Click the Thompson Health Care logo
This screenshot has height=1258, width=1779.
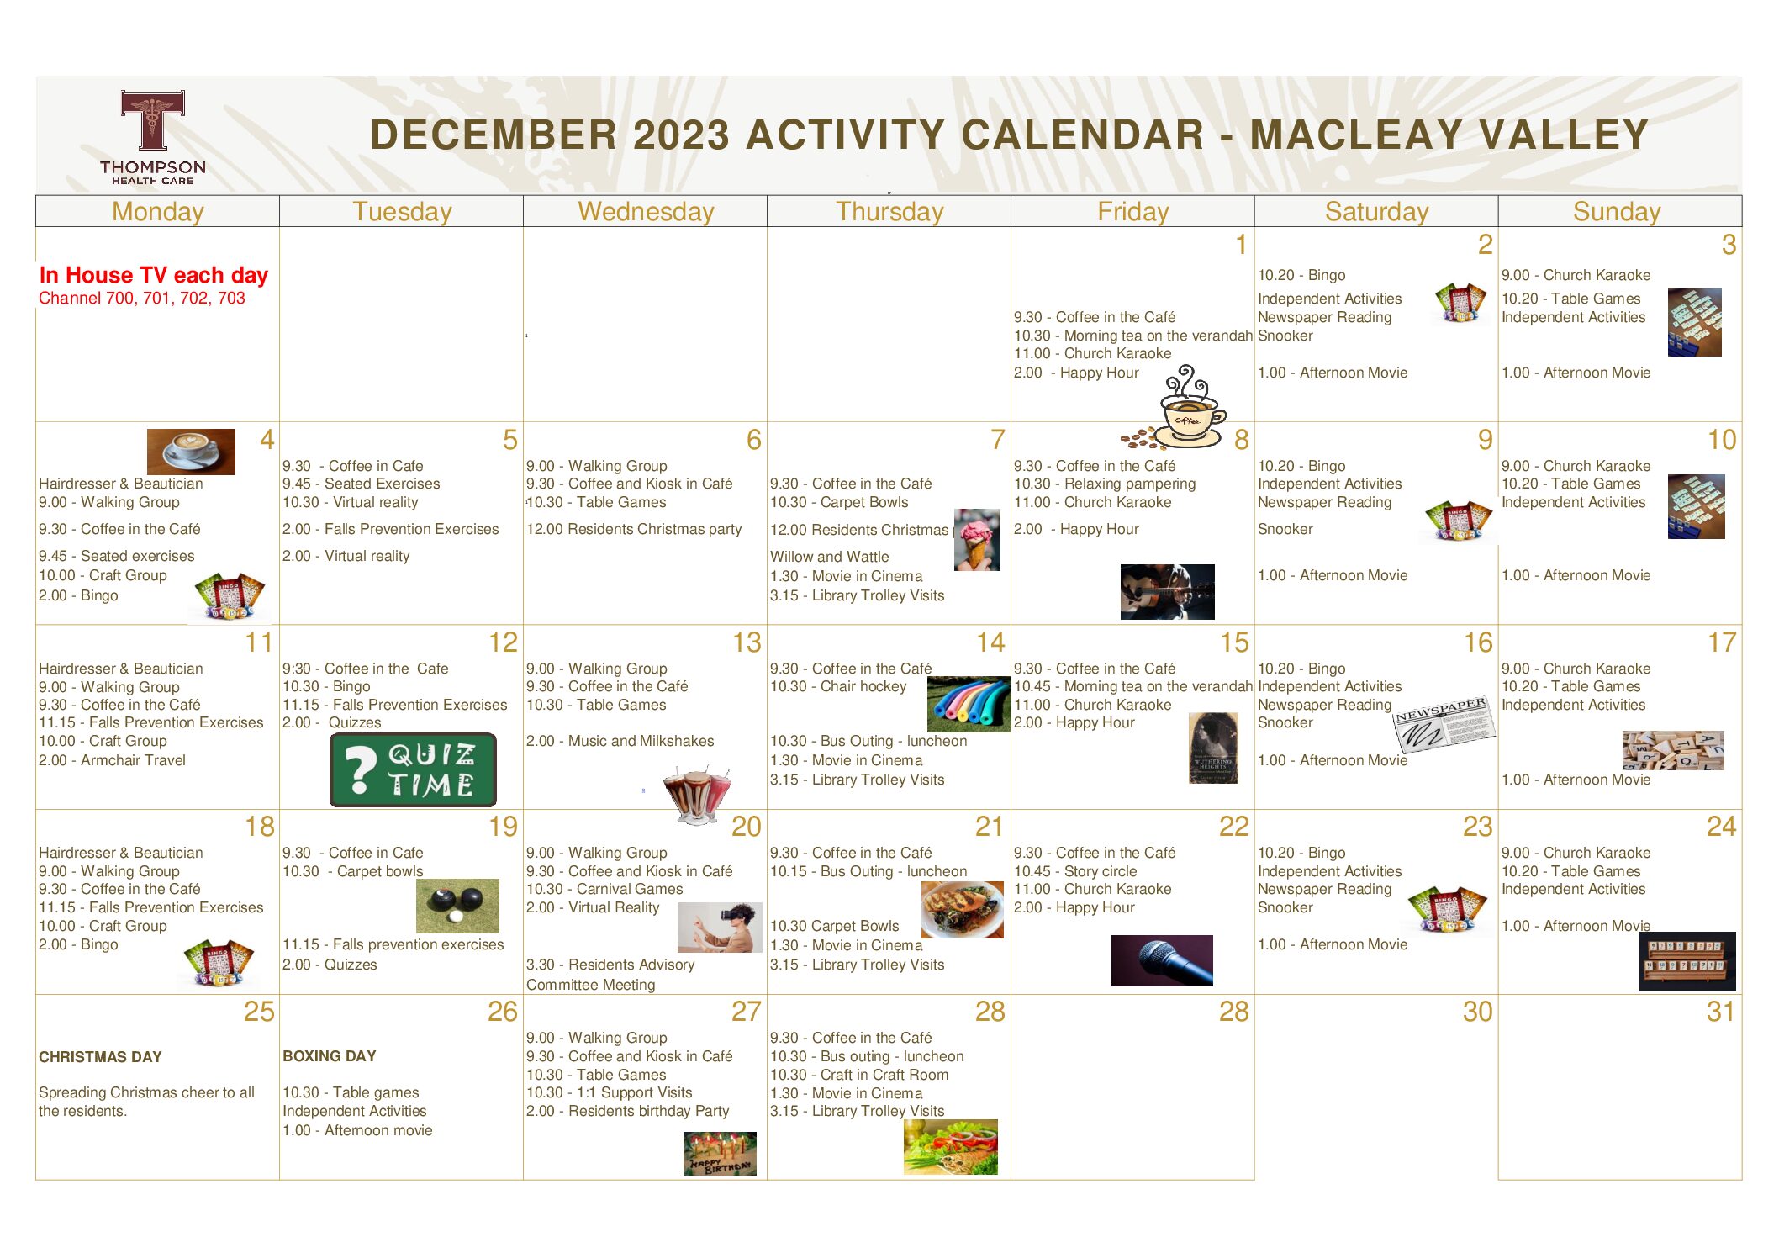coord(152,138)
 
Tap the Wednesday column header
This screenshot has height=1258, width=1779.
coord(646,211)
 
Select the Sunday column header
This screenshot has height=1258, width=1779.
coord(1617,211)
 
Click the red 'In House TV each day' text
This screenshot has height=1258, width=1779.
coord(153,275)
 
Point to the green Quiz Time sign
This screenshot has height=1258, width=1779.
coord(413,769)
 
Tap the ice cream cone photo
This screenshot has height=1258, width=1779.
coord(977,540)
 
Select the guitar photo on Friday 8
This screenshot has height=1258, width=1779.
coord(1167,591)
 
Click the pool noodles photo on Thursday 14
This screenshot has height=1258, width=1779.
coord(969,704)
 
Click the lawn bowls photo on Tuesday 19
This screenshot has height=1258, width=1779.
coord(457,906)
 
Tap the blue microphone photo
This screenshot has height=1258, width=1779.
coord(1162,960)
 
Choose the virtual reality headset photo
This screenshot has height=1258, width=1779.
coord(720,927)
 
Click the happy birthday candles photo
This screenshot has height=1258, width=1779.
coord(720,1153)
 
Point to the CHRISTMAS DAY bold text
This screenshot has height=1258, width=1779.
coord(100,1057)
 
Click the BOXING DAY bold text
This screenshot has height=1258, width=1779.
coord(330,1056)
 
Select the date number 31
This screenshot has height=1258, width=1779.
coord(1720,1011)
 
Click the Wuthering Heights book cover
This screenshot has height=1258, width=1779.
coord(1213,748)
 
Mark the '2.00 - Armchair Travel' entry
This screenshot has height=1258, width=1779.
coord(112,760)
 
